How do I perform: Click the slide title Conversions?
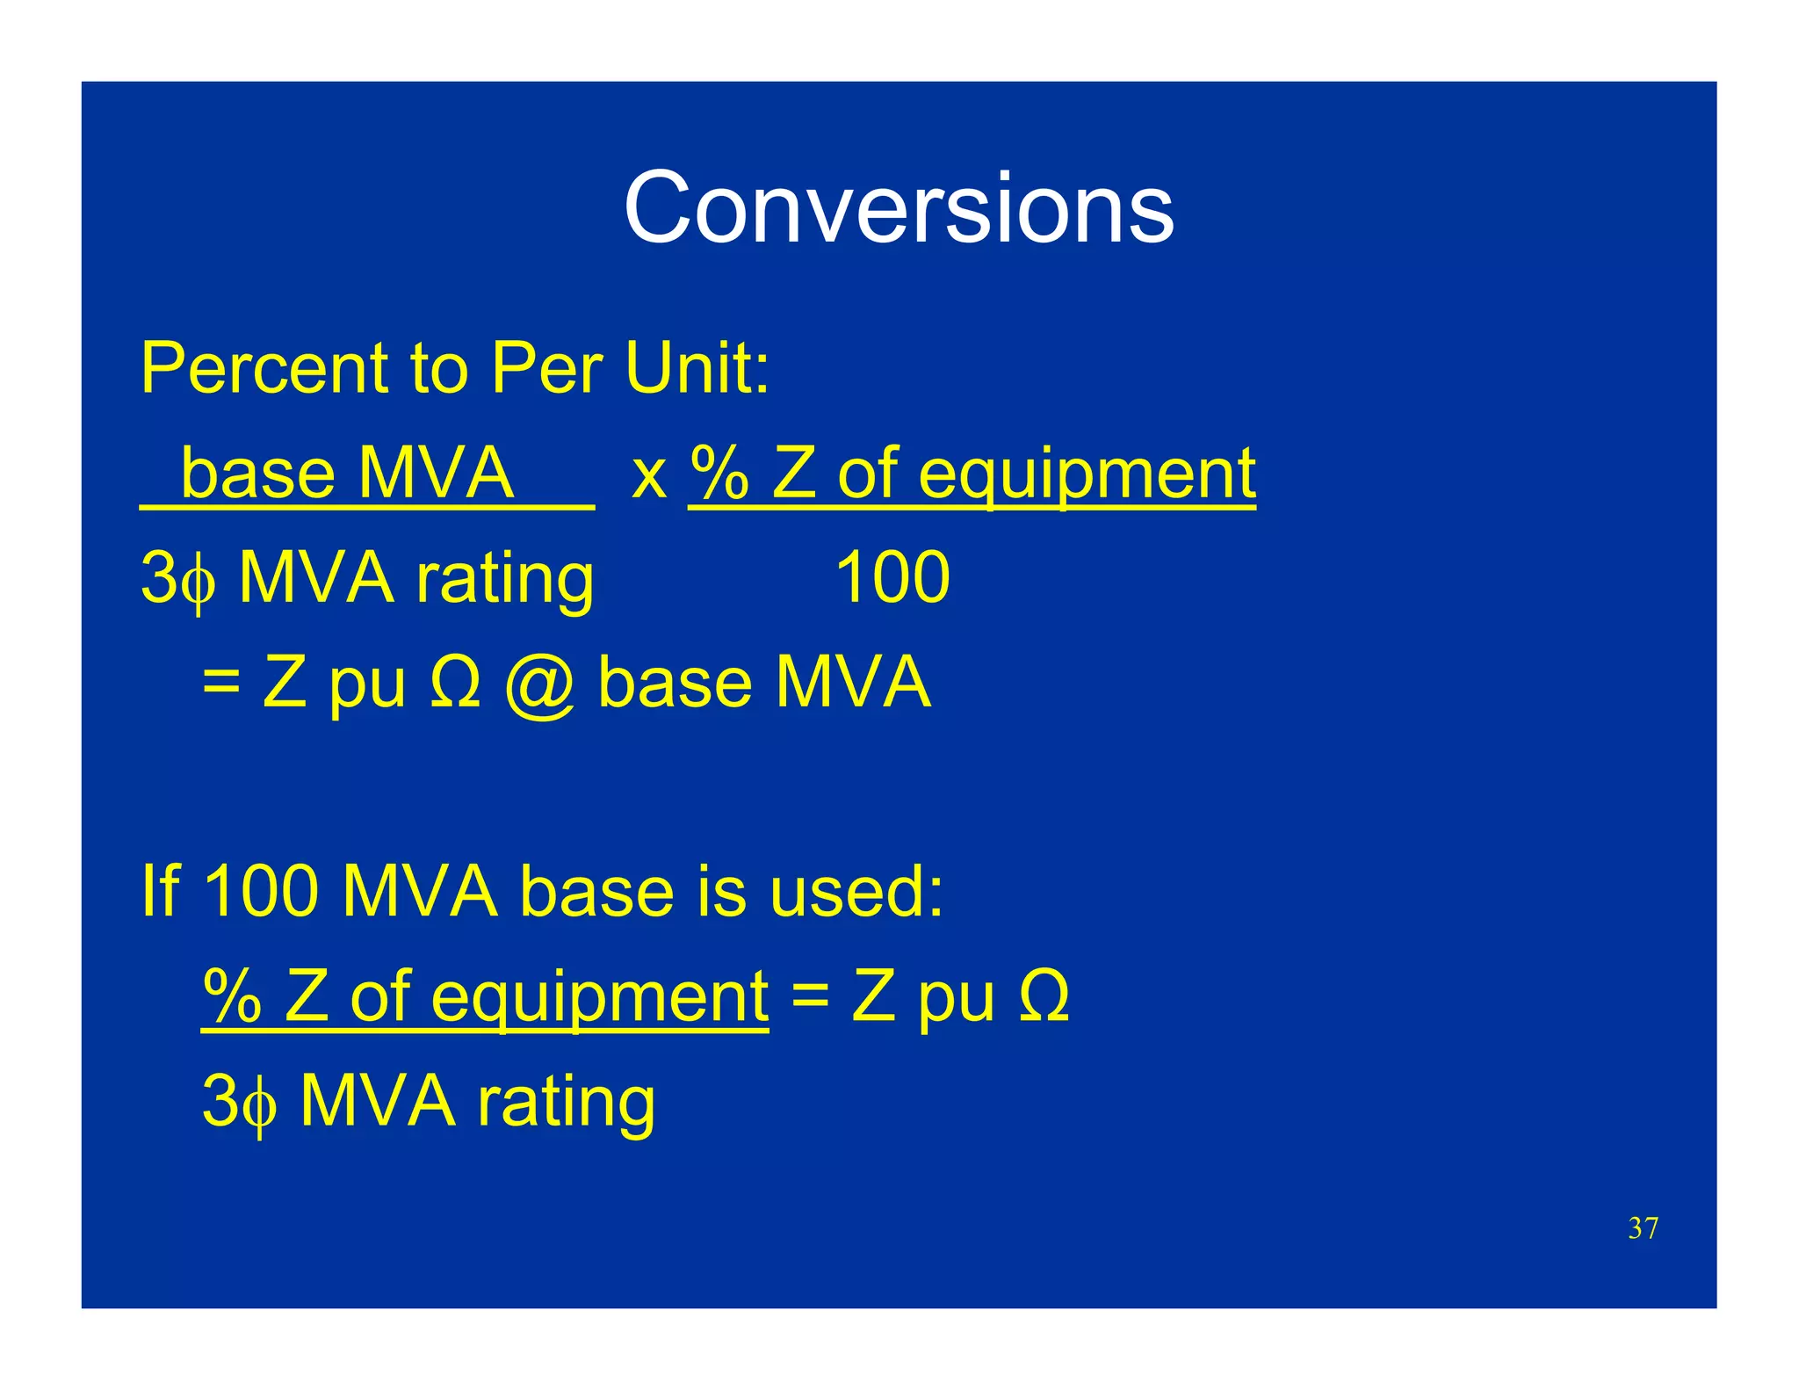pos(898,208)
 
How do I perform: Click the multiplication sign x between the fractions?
pos(648,476)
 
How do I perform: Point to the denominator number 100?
pos(892,577)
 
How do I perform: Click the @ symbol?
pos(539,684)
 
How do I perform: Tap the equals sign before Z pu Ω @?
pos(220,683)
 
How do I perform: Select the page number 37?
pos(1642,1227)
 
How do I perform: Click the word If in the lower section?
pos(159,891)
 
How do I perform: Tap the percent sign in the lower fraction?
pos(232,996)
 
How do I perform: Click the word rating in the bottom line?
pos(566,1102)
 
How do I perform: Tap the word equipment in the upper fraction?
pos(1087,476)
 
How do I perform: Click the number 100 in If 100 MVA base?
pos(261,891)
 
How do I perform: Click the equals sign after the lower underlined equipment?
pos(809,998)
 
